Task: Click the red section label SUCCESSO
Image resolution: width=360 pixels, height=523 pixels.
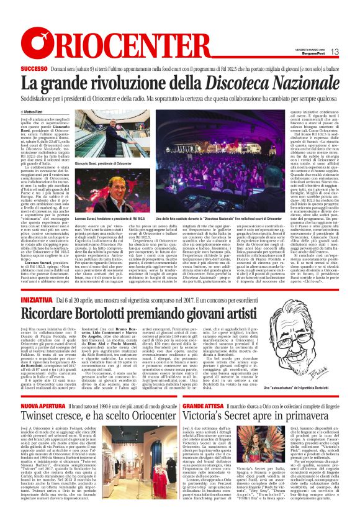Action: pos(34,68)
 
